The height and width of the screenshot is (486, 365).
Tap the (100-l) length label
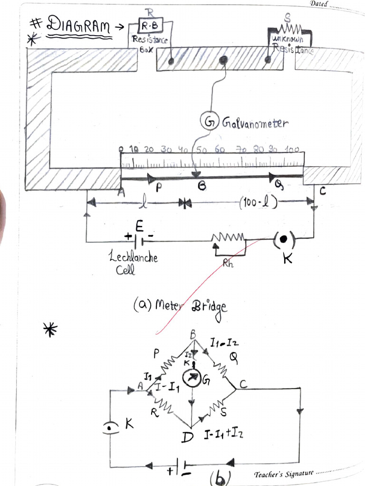(x=259, y=205)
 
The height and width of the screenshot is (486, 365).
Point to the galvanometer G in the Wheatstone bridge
(x=192, y=379)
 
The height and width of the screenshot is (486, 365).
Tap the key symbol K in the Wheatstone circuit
(x=111, y=428)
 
